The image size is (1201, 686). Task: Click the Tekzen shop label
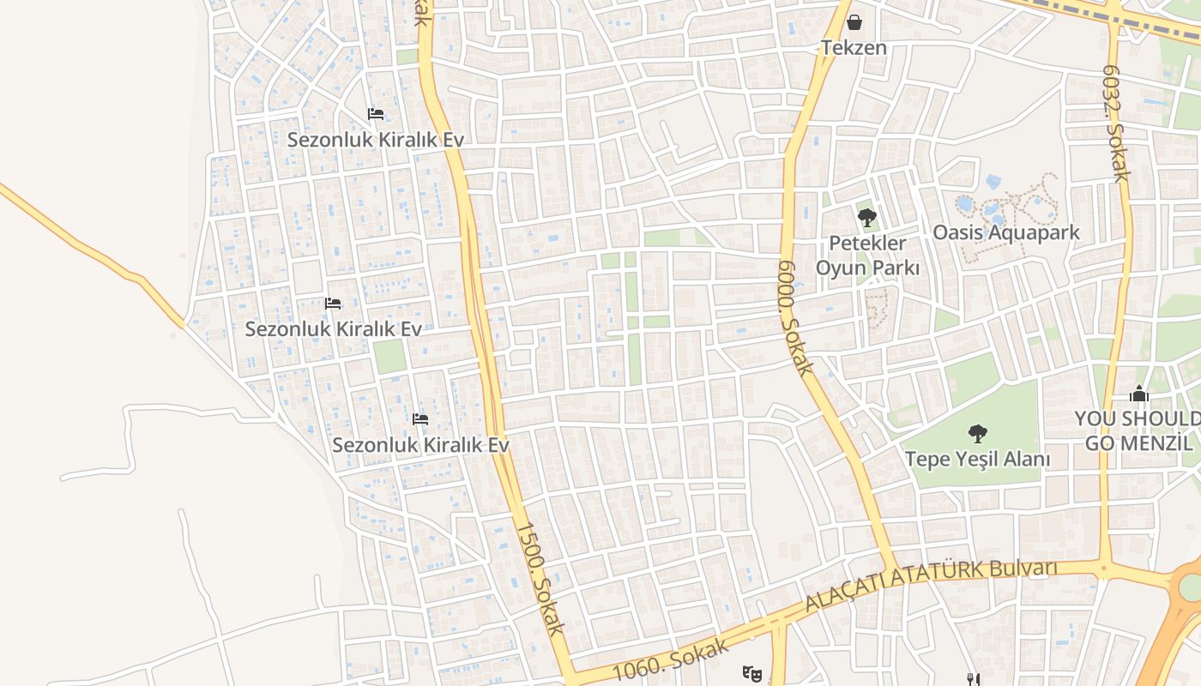coord(854,47)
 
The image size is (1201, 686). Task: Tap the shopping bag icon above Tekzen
coord(854,21)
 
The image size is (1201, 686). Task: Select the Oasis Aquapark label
coord(1006,232)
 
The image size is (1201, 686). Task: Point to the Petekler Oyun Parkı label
coord(867,256)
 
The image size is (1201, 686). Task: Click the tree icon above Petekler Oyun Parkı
coord(867,217)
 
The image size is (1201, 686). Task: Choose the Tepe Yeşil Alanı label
coord(977,459)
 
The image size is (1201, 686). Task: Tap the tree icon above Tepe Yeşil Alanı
coord(977,434)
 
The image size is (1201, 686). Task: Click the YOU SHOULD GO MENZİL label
coord(1138,430)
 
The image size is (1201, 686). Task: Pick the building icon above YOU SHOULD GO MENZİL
coord(1139,394)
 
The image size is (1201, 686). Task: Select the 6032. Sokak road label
coord(1114,124)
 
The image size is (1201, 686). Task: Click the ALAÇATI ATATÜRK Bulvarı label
coord(931,584)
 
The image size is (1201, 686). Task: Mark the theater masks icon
coord(752,673)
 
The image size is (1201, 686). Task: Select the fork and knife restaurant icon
coord(973,679)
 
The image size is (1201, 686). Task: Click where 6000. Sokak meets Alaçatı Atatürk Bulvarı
coord(895,571)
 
